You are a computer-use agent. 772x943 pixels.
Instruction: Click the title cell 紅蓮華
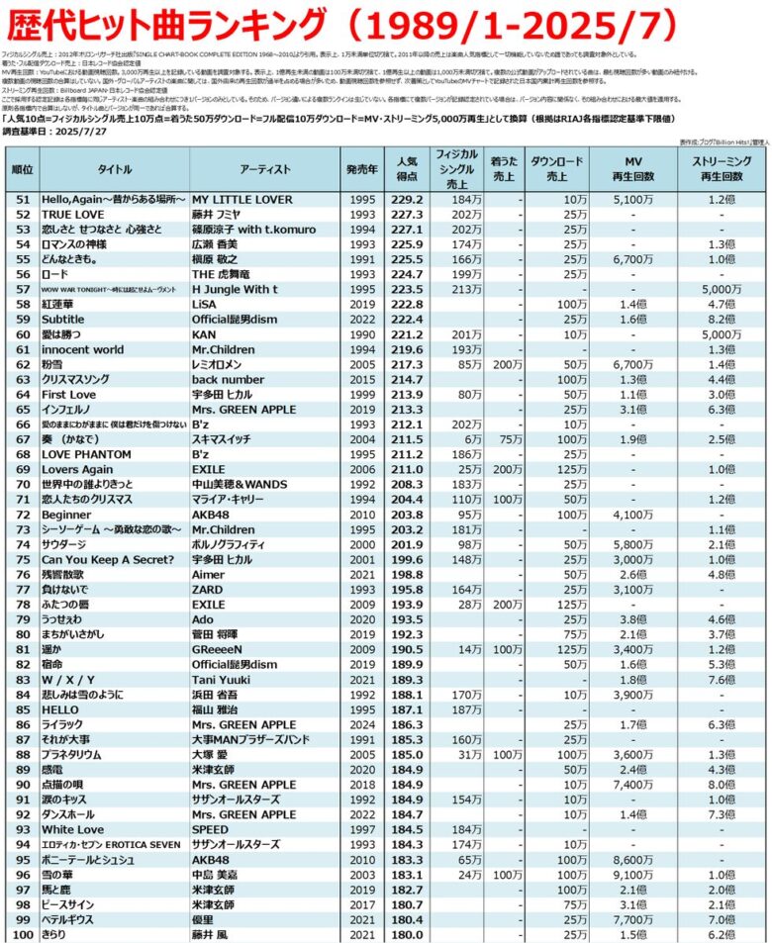[60, 306]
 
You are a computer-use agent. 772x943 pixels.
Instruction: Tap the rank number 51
[22, 198]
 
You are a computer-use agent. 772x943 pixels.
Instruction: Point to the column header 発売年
[361, 169]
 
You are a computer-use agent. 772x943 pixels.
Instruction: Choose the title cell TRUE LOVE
[72, 213]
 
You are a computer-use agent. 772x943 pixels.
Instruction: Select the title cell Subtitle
[63, 320]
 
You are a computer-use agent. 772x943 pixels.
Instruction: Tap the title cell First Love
[69, 394]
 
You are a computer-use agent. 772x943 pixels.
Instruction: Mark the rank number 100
[22, 933]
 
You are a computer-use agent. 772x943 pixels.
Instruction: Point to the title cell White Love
[72, 830]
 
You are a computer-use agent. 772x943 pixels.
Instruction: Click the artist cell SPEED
[211, 830]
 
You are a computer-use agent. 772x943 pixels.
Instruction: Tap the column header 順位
[22, 169]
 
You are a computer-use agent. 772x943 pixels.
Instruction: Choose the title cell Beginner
[66, 515]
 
